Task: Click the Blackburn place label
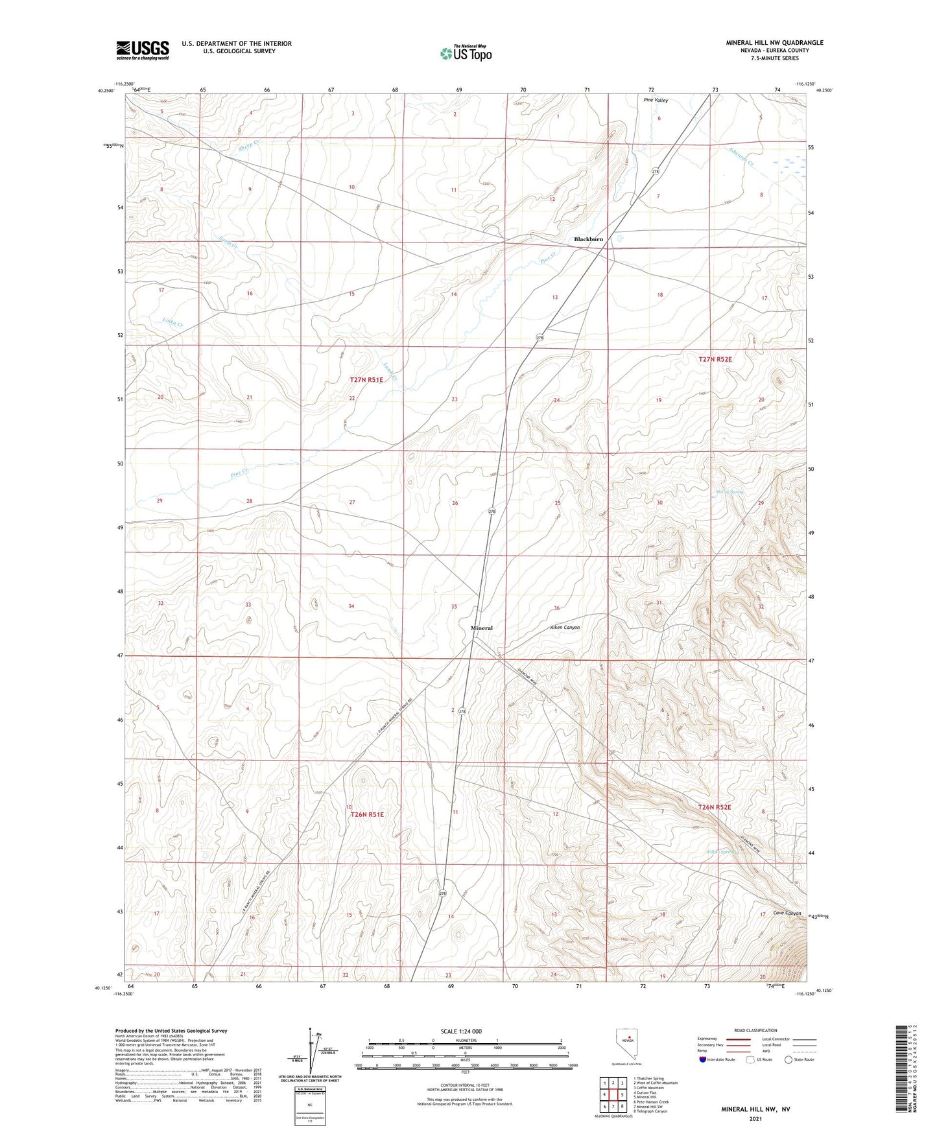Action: (588, 239)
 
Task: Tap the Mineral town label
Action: (481, 628)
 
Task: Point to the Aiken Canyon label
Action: (565, 628)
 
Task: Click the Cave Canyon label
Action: (787, 913)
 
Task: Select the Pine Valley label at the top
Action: (656, 100)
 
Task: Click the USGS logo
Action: (143, 50)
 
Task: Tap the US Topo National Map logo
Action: (465, 53)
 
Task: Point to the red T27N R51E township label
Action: (366, 380)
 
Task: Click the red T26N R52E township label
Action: (715, 807)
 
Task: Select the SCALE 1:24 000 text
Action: (461, 1031)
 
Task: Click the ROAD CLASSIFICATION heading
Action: (755, 1030)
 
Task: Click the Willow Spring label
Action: (724, 852)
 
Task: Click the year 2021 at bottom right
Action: (755, 1119)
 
